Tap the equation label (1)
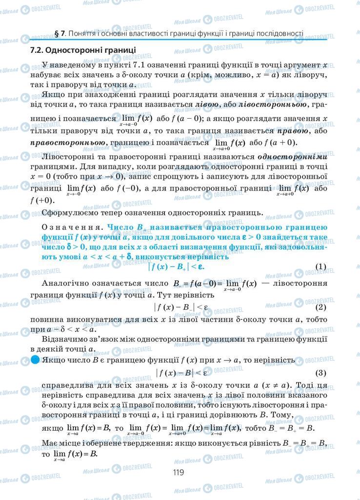pyautogui.click(x=320, y=266)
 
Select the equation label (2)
pyautogui.click(x=320, y=307)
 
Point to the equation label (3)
pyautogui.click(x=320, y=373)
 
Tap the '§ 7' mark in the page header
pyautogui.click(x=60, y=34)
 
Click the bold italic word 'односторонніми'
pyautogui.click(x=292, y=157)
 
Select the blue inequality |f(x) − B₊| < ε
pyautogui.click(x=177, y=267)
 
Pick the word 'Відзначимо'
pyautogui.click(x=64, y=339)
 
